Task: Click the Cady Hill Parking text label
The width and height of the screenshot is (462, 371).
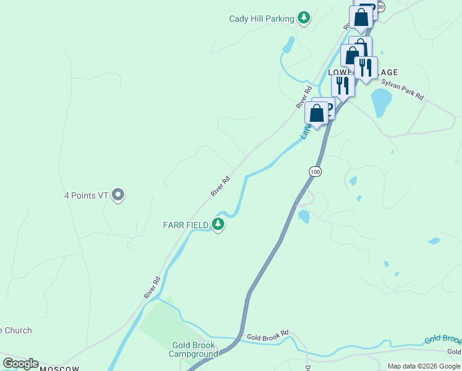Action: pyautogui.click(x=261, y=19)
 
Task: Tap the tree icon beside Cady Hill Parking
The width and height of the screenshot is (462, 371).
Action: pyautogui.click(x=303, y=18)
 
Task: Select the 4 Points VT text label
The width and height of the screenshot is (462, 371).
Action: pyautogui.click(x=86, y=195)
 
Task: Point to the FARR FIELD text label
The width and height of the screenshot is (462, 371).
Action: pyautogui.click(x=185, y=224)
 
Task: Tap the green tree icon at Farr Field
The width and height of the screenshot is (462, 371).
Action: pyautogui.click(x=217, y=224)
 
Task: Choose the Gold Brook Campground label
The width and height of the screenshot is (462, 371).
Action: pyautogui.click(x=194, y=349)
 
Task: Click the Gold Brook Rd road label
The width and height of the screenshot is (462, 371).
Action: pyautogui.click(x=267, y=336)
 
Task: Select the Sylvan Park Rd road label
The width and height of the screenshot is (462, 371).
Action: pyautogui.click(x=402, y=89)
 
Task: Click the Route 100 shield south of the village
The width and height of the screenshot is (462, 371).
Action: pyautogui.click(x=315, y=171)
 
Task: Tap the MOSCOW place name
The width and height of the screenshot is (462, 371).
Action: pyautogui.click(x=60, y=369)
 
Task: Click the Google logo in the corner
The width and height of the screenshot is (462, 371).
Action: pyautogui.click(x=20, y=364)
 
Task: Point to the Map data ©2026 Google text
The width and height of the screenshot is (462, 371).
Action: pyautogui.click(x=424, y=366)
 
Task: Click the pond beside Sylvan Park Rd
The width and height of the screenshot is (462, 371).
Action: pyautogui.click(x=381, y=101)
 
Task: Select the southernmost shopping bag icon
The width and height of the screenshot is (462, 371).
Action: pyautogui.click(x=316, y=114)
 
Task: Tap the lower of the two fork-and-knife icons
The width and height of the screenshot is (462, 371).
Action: pyautogui.click(x=342, y=85)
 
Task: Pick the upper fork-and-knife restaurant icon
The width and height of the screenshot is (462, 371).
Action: pyautogui.click(x=366, y=67)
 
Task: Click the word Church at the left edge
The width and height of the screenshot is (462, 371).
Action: pyautogui.click(x=17, y=330)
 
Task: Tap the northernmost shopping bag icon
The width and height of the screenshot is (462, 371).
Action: pyautogui.click(x=361, y=17)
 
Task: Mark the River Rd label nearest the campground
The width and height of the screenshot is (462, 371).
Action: pyautogui.click(x=152, y=288)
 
